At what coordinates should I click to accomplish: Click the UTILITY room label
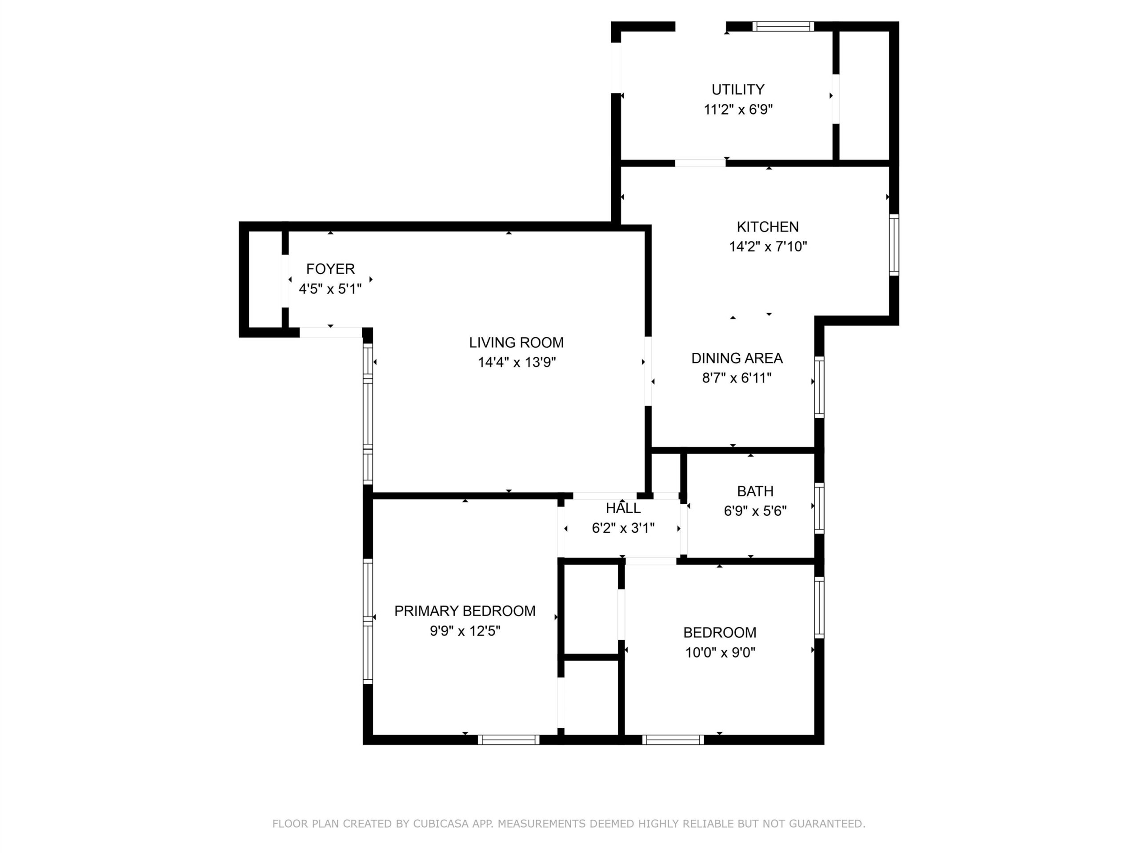pos(738,89)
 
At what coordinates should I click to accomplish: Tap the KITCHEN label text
pos(768,227)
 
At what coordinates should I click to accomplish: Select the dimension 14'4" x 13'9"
pos(517,363)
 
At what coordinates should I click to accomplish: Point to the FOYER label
pos(330,269)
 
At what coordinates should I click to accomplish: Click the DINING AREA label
pos(737,359)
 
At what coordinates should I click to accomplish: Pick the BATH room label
pos(755,491)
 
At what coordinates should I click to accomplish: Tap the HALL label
pos(623,509)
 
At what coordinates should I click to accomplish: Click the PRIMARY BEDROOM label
pos(465,611)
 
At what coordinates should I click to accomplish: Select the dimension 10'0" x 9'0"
pos(720,653)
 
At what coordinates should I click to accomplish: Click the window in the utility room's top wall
pos(783,26)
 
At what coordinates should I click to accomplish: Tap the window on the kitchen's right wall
pos(894,245)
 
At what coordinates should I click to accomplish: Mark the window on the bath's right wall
pos(819,508)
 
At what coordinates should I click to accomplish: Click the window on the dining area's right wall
pos(819,387)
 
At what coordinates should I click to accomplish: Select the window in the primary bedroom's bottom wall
pos(508,739)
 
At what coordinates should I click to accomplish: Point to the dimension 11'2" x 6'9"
pos(738,110)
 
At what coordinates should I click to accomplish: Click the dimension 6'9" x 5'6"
pos(755,511)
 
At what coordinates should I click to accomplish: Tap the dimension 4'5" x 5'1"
pos(330,289)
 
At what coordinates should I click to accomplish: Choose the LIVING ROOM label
pos(517,343)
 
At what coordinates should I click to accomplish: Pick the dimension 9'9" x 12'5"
pos(465,631)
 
